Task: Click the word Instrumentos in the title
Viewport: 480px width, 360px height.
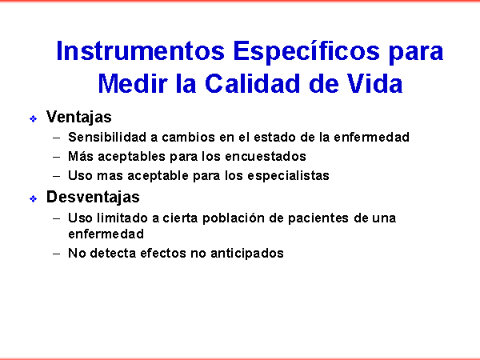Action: (141, 51)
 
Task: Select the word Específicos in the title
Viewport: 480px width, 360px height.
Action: (306, 52)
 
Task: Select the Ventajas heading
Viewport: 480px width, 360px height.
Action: (78, 118)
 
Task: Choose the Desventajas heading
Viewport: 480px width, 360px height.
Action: (93, 197)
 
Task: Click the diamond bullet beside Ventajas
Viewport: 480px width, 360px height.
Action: (33, 118)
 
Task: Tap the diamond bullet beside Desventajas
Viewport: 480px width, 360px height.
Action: (33, 199)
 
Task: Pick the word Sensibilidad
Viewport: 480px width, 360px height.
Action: (107, 137)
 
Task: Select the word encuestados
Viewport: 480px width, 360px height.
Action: (266, 157)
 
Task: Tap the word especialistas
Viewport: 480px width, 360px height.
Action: (288, 176)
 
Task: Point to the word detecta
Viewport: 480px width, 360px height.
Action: (113, 253)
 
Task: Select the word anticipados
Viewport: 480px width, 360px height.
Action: (247, 254)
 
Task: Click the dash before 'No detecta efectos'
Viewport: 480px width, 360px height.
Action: (56, 254)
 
